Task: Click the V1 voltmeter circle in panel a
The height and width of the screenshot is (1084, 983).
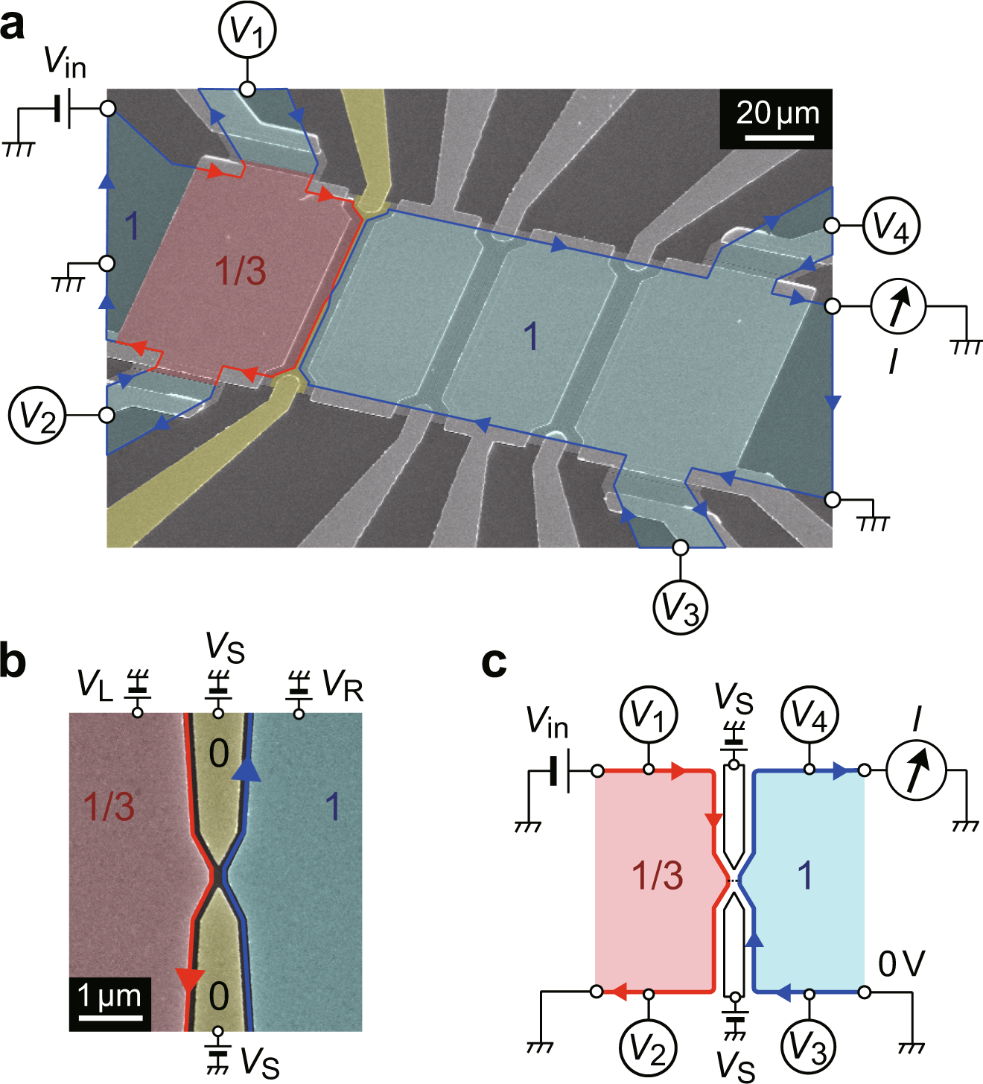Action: [247, 31]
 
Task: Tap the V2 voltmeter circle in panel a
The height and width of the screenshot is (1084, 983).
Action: [37, 416]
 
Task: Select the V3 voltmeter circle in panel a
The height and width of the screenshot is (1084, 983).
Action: [680, 607]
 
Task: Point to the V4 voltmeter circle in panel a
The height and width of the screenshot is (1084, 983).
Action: [891, 225]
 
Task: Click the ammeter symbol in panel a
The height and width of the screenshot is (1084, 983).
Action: [899, 306]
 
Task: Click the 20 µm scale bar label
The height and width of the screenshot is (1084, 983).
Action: [777, 113]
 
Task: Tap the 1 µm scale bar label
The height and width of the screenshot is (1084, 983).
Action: [109, 995]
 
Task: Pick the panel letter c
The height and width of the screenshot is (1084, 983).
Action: [494, 662]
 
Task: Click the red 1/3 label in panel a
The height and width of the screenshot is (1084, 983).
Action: [241, 271]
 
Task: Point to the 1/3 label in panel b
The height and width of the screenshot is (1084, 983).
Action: [109, 807]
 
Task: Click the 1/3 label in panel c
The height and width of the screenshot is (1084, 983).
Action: [658, 875]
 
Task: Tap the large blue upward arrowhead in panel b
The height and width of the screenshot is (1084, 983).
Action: [246, 769]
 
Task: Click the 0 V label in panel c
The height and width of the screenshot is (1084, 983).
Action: [901, 964]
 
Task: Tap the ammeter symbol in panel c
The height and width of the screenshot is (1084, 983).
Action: [916, 770]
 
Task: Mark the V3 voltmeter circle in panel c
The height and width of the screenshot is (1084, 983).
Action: [809, 1047]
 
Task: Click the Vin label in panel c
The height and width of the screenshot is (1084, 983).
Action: [547, 722]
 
